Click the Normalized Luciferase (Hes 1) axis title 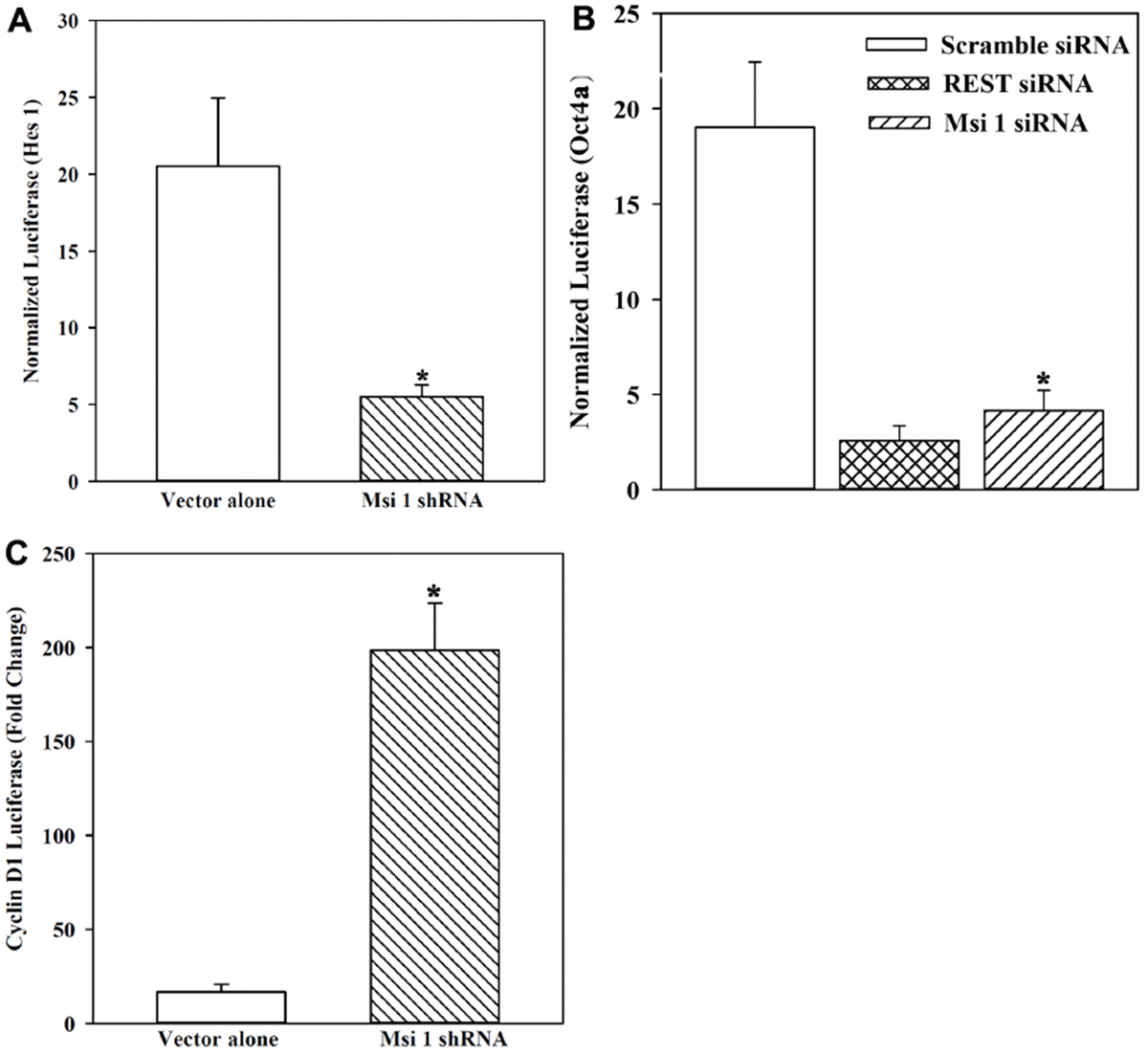[32, 251]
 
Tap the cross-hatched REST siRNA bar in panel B [898, 465]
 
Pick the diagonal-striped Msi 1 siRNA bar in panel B [1043, 450]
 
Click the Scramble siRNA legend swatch [896, 45]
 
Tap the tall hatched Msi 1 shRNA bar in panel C [433, 836]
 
